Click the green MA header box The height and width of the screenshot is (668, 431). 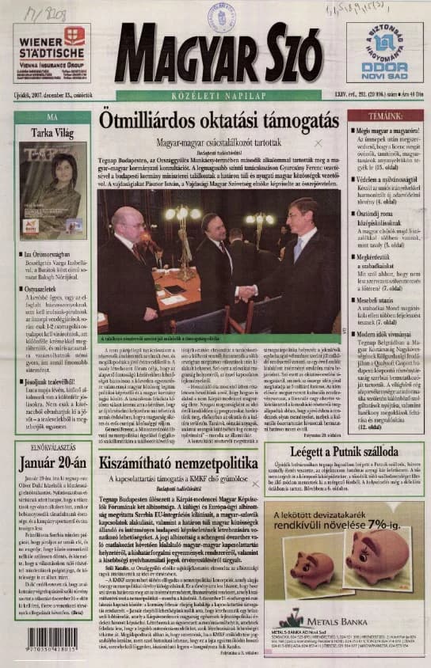(52, 117)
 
